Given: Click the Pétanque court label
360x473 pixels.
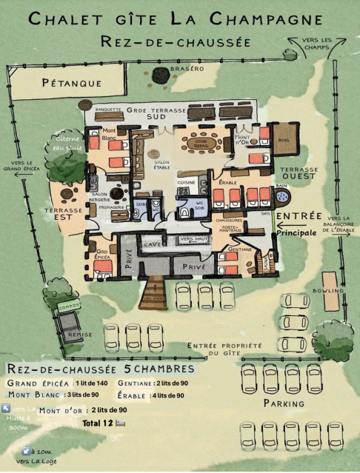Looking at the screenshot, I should click(x=71, y=83).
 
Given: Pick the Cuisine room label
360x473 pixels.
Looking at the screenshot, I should click(x=185, y=181).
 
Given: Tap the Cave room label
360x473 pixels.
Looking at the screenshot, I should click(x=153, y=244).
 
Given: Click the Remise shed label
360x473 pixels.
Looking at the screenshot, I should click(x=79, y=335).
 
